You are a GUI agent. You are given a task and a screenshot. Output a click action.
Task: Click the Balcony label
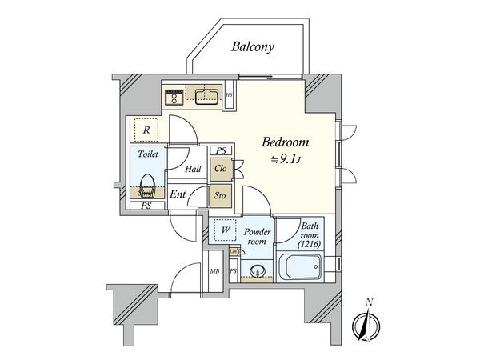pyautogui.click(x=253, y=46)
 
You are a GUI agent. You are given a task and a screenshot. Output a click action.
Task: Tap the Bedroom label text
pyautogui.click(x=286, y=142)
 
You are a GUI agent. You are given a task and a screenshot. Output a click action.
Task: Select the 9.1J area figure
pyautogui.click(x=287, y=161)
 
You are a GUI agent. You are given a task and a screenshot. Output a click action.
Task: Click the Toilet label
pyautogui.click(x=147, y=153)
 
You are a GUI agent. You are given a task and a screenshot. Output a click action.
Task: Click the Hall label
pyautogui.click(x=193, y=169)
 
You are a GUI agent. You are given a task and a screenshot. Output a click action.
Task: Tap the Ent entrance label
pyautogui.click(x=178, y=194)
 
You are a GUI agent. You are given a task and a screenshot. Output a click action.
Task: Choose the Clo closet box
pyautogui.click(x=221, y=169)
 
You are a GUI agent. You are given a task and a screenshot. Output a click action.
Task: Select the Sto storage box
pyautogui.click(x=221, y=194)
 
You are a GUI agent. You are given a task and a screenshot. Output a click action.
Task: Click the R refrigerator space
pyautogui.click(x=146, y=129)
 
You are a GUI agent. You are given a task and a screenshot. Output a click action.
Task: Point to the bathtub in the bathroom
pyautogui.click(x=299, y=266)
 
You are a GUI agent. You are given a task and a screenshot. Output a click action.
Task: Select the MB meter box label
pyautogui.click(x=214, y=272)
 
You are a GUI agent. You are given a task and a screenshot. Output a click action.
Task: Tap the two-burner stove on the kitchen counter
pyautogui.click(x=172, y=98)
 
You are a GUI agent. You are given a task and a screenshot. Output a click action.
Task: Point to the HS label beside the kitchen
pyautogui.click(x=230, y=98)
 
